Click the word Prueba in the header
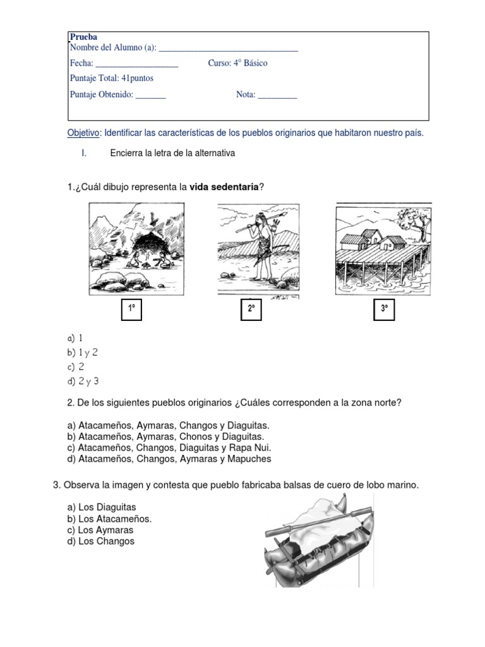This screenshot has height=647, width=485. (x=83, y=37)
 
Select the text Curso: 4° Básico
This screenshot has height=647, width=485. (x=237, y=63)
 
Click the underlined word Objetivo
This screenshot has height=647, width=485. (x=83, y=133)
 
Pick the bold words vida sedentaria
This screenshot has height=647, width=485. (x=224, y=187)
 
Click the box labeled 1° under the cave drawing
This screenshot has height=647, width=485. (x=132, y=310)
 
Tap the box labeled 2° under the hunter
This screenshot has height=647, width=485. (x=251, y=310)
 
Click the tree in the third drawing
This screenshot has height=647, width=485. (x=413, y=221)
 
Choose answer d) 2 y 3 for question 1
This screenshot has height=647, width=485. (x=83, y=380)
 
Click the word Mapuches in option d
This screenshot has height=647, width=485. (x=248, y=459)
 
